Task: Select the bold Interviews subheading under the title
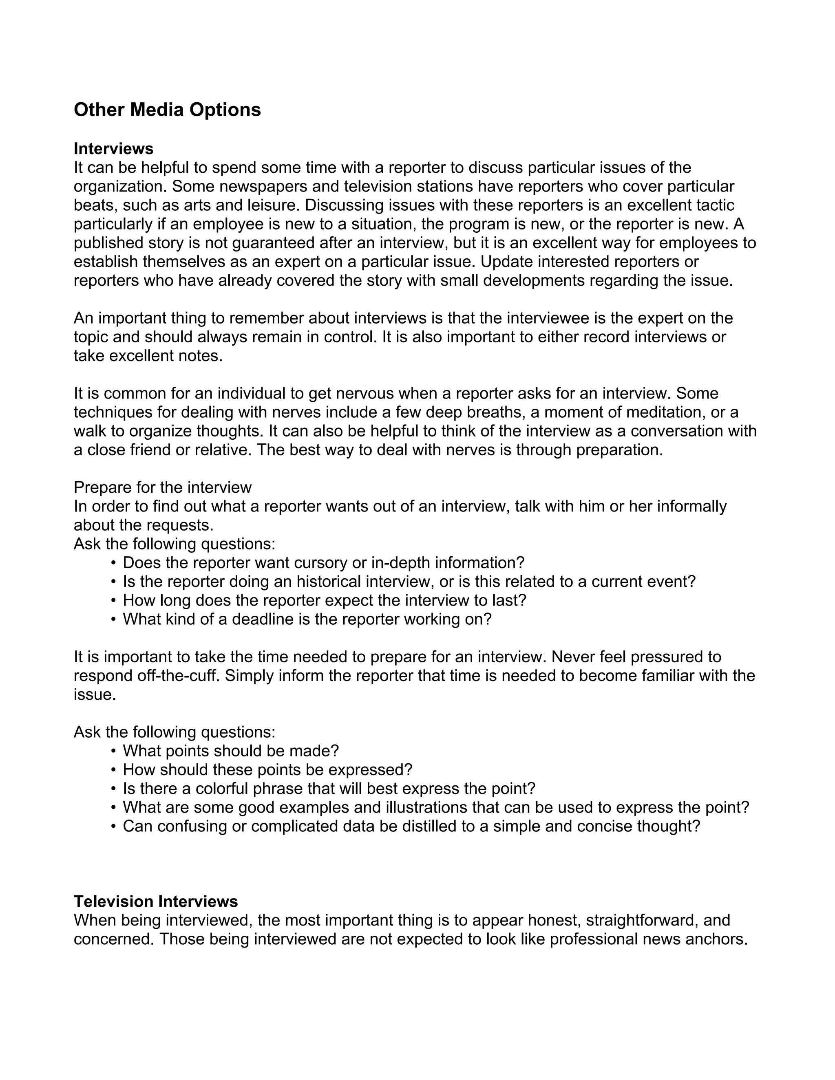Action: [113, 148]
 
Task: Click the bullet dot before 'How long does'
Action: [114, 600]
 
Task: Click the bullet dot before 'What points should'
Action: [114, 751]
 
